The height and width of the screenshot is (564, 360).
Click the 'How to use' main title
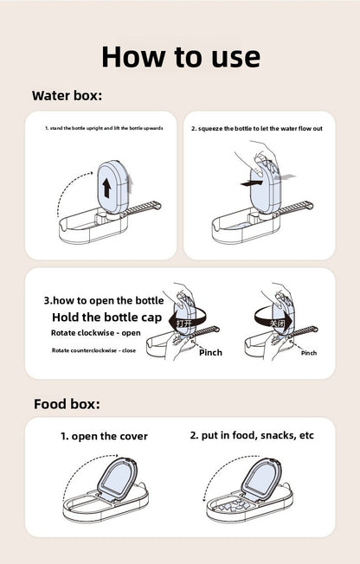(x=180, y=56)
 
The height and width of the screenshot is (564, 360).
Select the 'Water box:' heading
(x=67, y=95)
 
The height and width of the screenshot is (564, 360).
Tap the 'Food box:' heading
(x=67, y=404)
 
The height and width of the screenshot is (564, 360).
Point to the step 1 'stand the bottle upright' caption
(x=103, y=128)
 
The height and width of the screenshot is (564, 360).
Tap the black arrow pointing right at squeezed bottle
(x=252, y=183)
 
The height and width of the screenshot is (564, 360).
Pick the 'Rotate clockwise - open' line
(x=95, y=333)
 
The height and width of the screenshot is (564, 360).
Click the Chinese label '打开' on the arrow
(x=184, y=323)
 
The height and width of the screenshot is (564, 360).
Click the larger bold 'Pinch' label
(x=210, y=353)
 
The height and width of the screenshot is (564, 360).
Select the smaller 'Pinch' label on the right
(x=308, y=353)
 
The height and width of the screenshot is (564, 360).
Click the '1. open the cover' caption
(x=104, y=436)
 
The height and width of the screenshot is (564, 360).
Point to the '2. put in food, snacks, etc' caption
(x=252, y=435)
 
